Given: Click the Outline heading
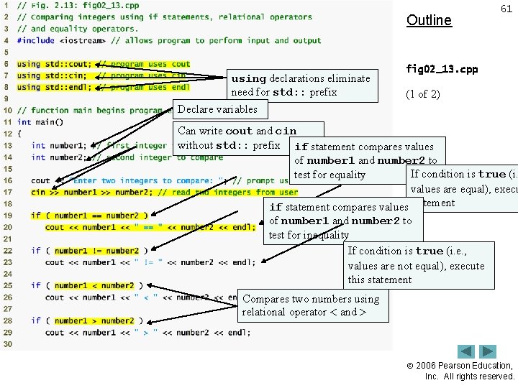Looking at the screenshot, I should [x=429, y=20].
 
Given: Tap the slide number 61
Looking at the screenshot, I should [x=506, y=9].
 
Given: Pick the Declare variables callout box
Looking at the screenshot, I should [x=217, y=109].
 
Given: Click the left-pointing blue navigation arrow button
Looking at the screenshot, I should [x=467, y=351].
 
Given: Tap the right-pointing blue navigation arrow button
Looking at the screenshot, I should [x=489, y=351].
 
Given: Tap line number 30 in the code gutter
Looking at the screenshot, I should [x=7, y=344].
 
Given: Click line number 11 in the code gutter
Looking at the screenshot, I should [x=7, y=122].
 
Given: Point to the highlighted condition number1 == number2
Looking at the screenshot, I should [x=96, y=216].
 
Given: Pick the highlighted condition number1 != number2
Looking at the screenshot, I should [x=96, y=251].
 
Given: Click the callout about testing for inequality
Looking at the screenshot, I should [x=342, y=221].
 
